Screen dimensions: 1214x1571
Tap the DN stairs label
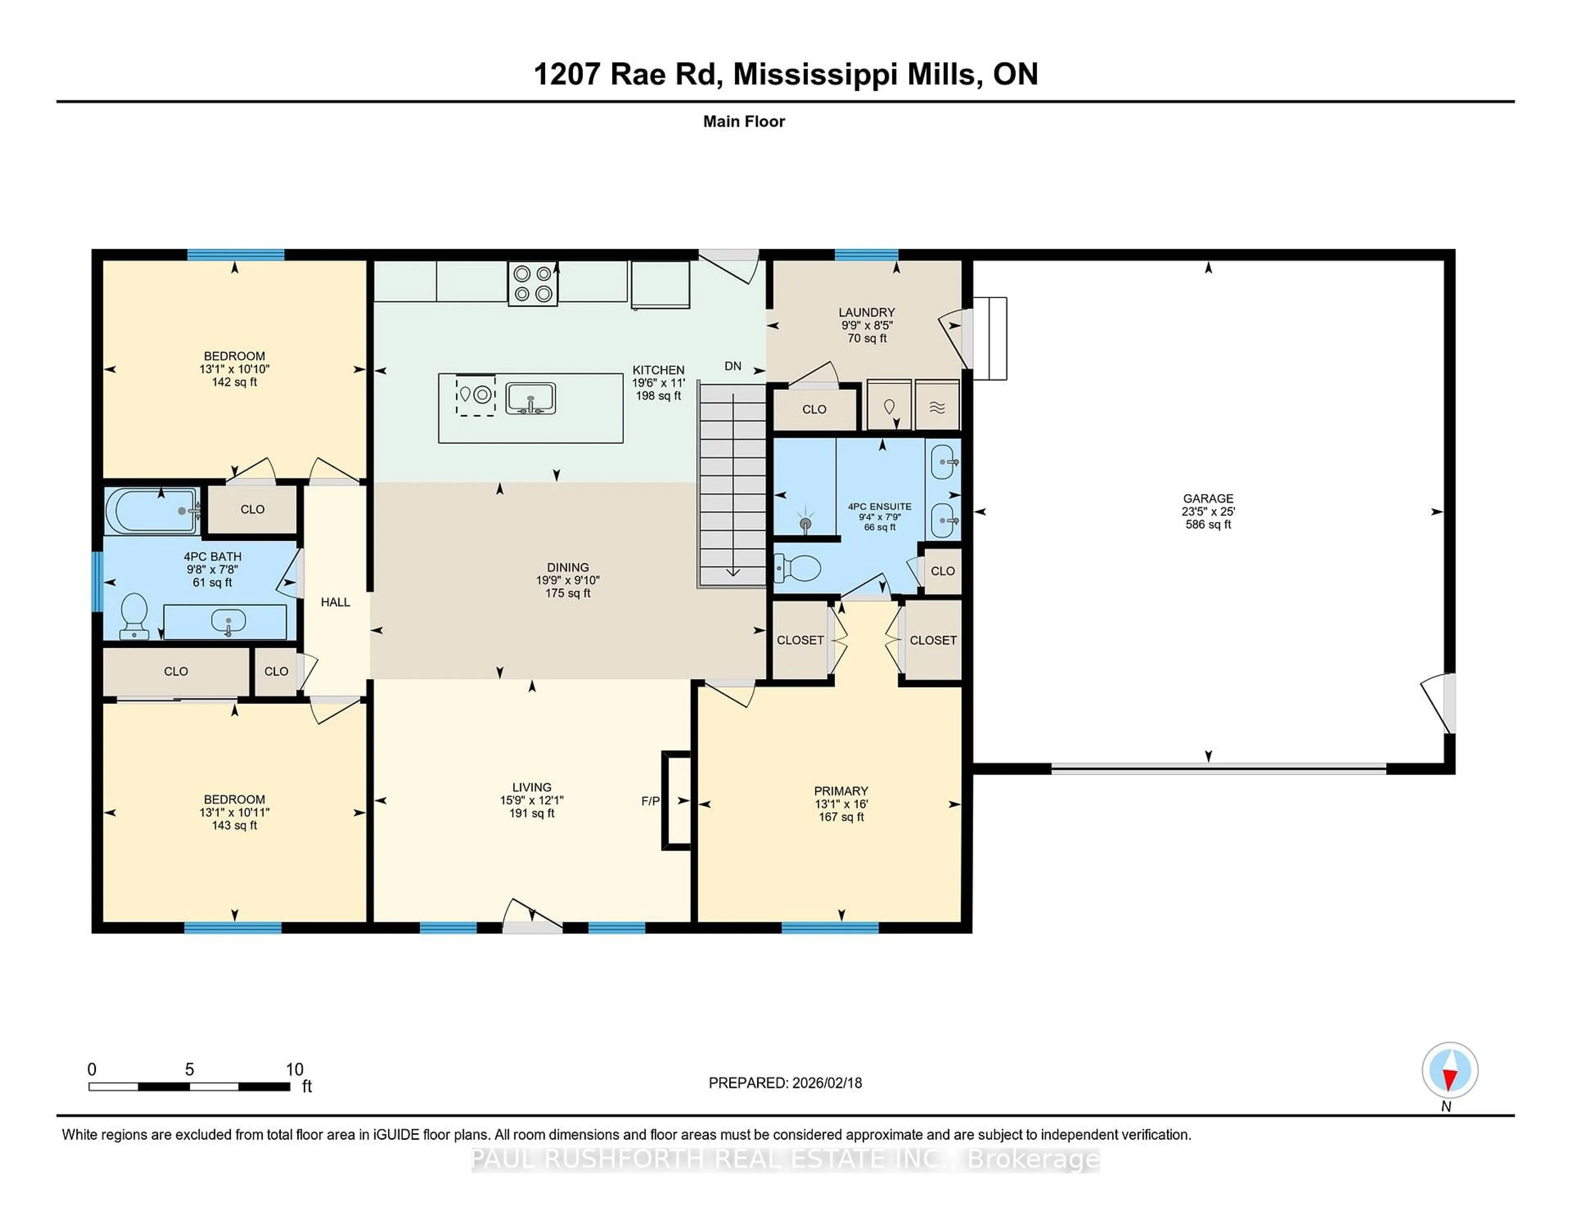(732, 366)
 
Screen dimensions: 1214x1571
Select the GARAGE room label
(1208, 498)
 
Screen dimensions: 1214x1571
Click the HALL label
(335, 602)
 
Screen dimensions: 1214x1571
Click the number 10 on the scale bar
(294, 1070)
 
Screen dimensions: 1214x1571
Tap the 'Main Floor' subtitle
(744, 121)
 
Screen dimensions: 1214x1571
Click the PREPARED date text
(785, 1083)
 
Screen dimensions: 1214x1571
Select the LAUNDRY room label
(866, 312)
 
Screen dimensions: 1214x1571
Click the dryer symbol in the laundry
(936, 407)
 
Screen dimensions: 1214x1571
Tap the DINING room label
(567, 567)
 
